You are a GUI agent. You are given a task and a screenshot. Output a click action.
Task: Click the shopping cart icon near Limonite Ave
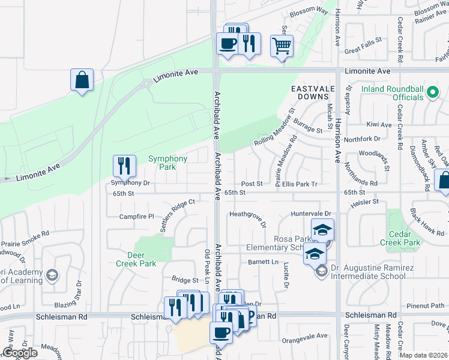point(282,46)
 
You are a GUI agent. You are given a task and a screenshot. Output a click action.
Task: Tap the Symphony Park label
point(168,163)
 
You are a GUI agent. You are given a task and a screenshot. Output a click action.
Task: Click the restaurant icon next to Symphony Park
point(123,165)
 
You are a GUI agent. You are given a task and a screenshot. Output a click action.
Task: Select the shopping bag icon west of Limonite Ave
point(82,80)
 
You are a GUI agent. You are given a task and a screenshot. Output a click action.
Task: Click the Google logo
point(20,353)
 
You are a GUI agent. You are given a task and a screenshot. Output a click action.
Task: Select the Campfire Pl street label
point(137,216)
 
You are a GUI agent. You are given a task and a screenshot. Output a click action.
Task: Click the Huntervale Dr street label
point(311,214)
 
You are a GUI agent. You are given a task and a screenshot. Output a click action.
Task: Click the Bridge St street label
point(185,280)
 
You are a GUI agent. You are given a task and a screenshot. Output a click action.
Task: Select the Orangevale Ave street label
point(307,336)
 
